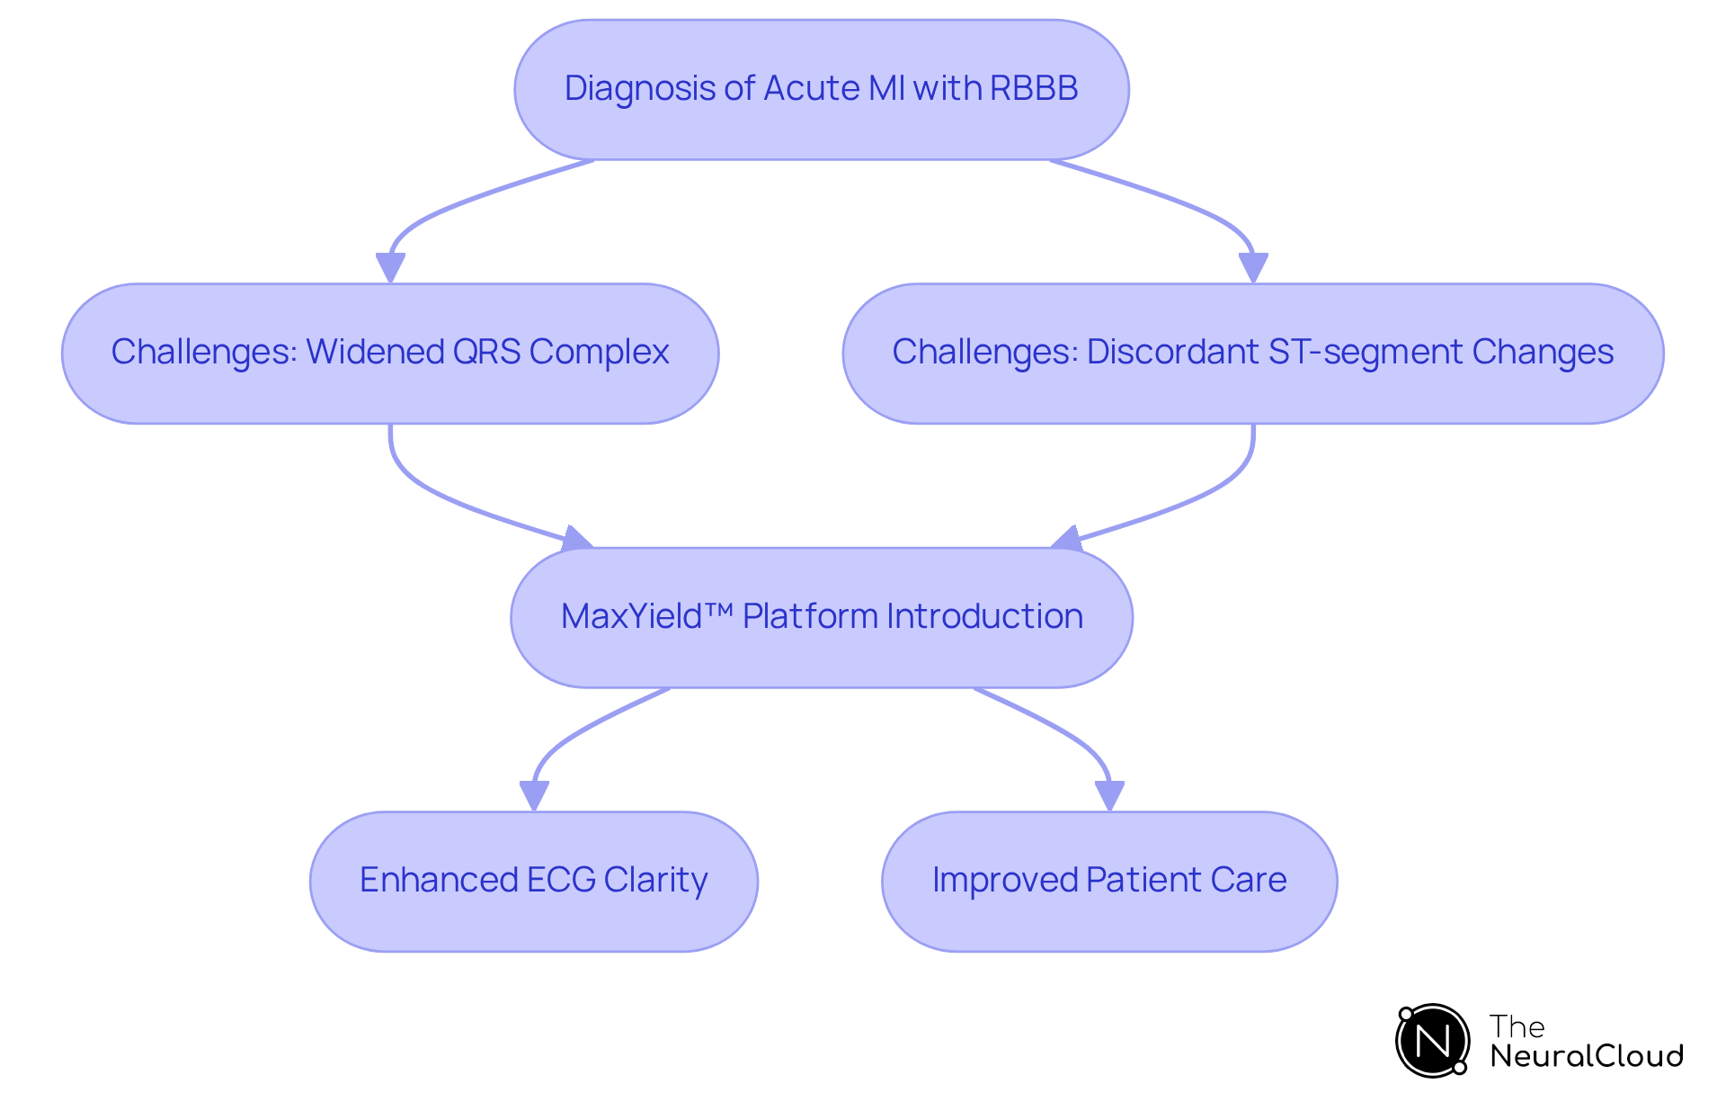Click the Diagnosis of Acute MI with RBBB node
tap(821, 90)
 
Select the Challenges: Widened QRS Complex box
tap(389, 354)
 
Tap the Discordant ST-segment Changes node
tap(1252, 354)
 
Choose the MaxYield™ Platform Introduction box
tap(821, 618)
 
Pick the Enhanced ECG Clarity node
tap(533, 882)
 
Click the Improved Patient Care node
tap(1108, 882)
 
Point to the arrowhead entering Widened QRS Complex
tap(390, 267)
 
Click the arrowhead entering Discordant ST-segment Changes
tap(1252, 267)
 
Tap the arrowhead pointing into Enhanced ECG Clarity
tap(534, 795)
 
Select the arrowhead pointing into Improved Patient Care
tap(1109, 795)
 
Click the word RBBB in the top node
tap(1034, 88)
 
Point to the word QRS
tap(486, 352)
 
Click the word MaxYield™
tap(645, 616)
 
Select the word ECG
tap(561, 880)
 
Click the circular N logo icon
tap(1432, 1041)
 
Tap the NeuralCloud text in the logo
tap(1587, 1055)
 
